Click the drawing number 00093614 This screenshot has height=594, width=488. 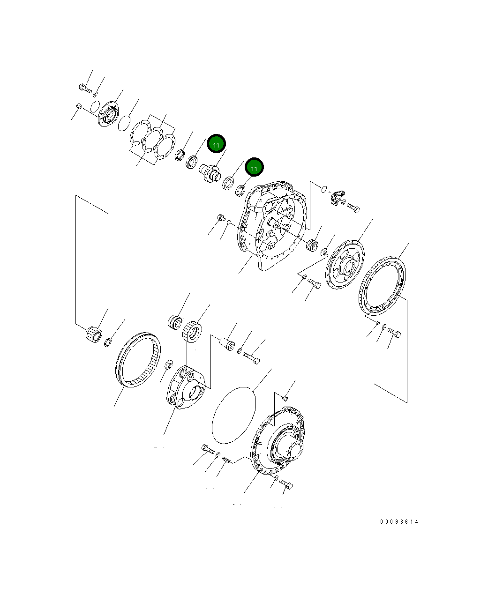point(399,521)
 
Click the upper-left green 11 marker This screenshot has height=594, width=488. point(216,145)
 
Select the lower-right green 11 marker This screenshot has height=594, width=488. point(254,167)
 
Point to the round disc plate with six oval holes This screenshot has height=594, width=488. point(345,265)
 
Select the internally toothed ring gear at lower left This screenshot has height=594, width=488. point(137,359)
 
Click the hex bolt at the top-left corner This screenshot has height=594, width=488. point(85,87)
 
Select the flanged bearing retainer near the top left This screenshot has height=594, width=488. point(108,114)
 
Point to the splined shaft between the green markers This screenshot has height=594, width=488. point(209,173)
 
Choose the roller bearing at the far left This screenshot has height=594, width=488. point(94,334)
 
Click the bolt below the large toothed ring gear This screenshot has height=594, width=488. point(394,333)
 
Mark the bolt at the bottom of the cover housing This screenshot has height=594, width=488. point(285,484)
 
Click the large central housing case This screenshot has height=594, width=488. point(274,225)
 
